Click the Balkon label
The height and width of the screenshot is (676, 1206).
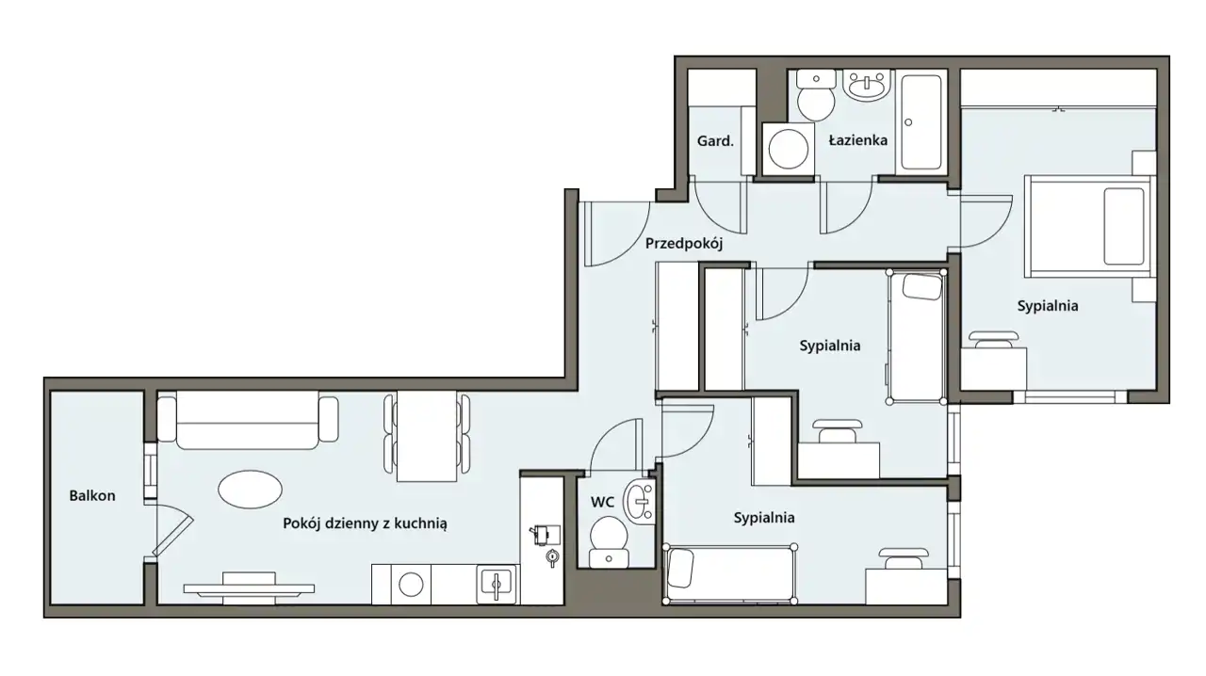tap(92, 495)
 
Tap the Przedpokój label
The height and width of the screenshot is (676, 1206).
tap(684, 244)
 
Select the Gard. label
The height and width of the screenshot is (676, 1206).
tap(715, 141)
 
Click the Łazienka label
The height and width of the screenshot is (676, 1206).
tap(857, 140)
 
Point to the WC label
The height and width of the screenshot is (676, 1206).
tap(602, 502)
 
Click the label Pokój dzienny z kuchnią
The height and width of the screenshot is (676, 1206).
tap(365, 523)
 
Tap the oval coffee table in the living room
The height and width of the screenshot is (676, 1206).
tap(250, 490)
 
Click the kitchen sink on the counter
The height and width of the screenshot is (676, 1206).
tap(496, 584)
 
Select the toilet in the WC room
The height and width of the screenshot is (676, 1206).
tap(609, 541)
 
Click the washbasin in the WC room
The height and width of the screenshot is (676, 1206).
tap(640, 501)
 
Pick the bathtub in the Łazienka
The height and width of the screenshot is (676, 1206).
tap(921, 122)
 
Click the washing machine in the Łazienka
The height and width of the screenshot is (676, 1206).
tap(788, 149)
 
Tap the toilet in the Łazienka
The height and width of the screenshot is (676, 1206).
tap(816, 95)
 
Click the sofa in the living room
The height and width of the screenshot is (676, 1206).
tap(248, 420)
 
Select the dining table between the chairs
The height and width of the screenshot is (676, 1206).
tap(427, 436)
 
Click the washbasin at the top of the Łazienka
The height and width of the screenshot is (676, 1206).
tap(866, 85)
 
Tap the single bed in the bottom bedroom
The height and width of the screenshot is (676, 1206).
tap(730, 573)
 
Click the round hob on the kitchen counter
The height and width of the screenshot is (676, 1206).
tap(410, 585)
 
